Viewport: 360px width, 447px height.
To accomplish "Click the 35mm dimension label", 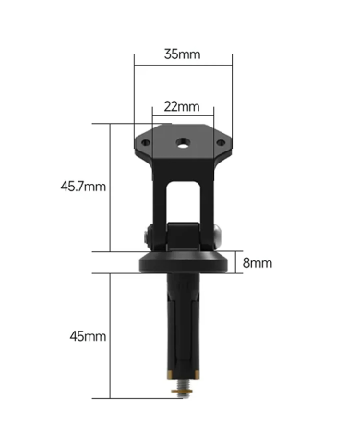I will click(x=182, y=54).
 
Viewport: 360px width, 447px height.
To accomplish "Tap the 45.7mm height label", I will click(x=83, y=187).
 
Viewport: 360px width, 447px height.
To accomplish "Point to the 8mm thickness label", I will click(x=258, y=262).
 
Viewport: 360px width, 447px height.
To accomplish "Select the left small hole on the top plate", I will click(x=145, y=142).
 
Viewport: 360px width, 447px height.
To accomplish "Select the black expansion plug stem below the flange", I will click(x=183, y=323).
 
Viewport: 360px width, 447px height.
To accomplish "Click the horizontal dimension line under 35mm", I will click(x=183, y=66).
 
